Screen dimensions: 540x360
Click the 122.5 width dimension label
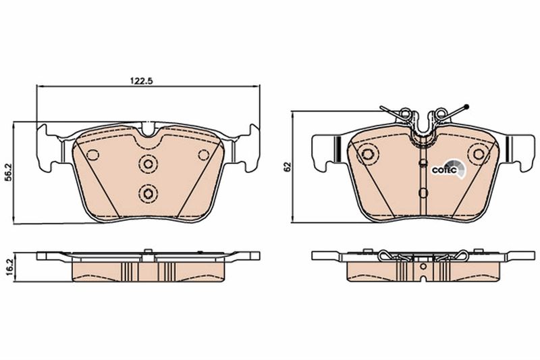point(141,81)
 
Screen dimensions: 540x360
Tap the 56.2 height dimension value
point(10,173)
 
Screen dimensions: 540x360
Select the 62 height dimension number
point(288,167)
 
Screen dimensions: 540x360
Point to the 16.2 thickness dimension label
point(10,266)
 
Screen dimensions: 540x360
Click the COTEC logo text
point(444,170)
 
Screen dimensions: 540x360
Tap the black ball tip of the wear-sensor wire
point(466,107)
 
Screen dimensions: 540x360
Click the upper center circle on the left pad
point(148,163)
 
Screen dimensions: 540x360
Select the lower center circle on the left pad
point(148,194)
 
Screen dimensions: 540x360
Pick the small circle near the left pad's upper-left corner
point(92,155)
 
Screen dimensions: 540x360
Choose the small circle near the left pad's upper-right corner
point(204,155)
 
